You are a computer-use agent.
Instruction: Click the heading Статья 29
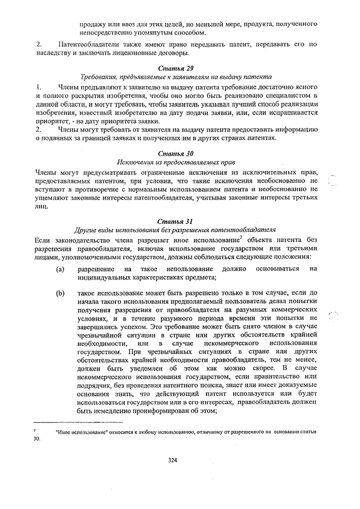[x=172, y=68]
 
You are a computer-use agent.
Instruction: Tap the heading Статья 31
[x=172, y=221]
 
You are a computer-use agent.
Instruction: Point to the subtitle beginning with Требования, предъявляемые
[x=172, y=77]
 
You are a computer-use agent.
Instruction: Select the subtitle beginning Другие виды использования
[x=172, y=230]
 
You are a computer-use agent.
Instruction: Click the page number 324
[x=173, y=460]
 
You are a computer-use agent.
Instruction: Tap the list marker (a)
[x=60, y=269]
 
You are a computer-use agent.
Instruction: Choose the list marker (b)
[x=60, y=293]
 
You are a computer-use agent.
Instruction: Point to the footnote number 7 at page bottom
[x=35, y=430]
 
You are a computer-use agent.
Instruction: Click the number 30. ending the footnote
[x=38, y=440]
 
